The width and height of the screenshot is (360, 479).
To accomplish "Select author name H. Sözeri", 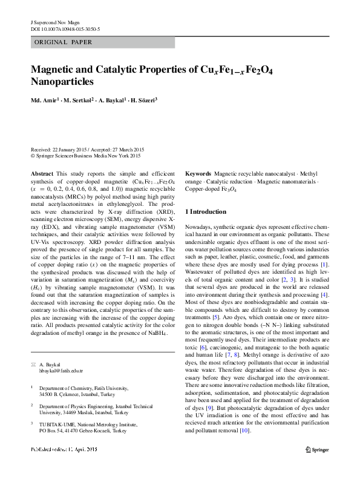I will (x=146, y=101).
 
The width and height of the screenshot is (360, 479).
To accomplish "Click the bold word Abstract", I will (x=42, y=173).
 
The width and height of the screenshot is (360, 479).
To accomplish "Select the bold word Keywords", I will (x=198, y=173).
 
